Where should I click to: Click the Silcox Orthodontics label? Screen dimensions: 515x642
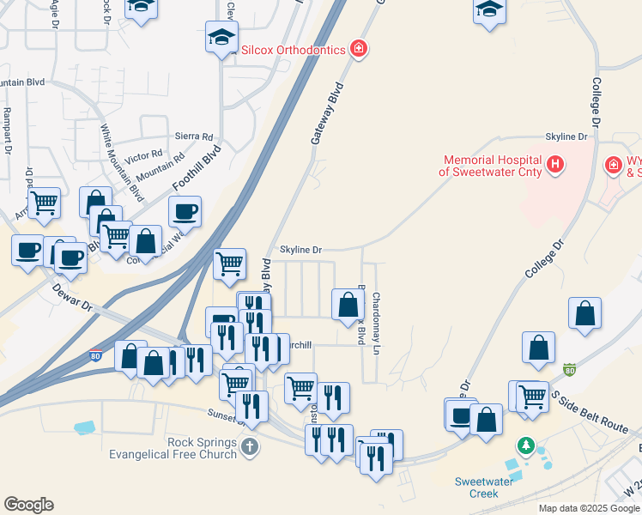pyautogui.click(x=292, y=50)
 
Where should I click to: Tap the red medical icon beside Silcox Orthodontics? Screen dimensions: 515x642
pyautogui.click(x=359, y=49)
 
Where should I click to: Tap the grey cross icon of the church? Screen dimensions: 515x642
pyautogui.click(x=249, y=445)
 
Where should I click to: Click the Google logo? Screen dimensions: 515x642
pyautogui.click(x=28, y=505)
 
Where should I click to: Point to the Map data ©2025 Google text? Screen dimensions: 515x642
pyautogui.click(x=589, y=508)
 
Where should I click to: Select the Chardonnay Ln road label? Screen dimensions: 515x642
pyautogui.click(x=376, y=324)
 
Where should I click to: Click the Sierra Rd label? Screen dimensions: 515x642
pyautogui.click(x=193, y=136)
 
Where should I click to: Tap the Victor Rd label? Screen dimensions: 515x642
pyautogui.click(x=143, y=158)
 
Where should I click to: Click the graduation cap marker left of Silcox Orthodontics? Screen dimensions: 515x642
pyautogui.click(x=221, y=39)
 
